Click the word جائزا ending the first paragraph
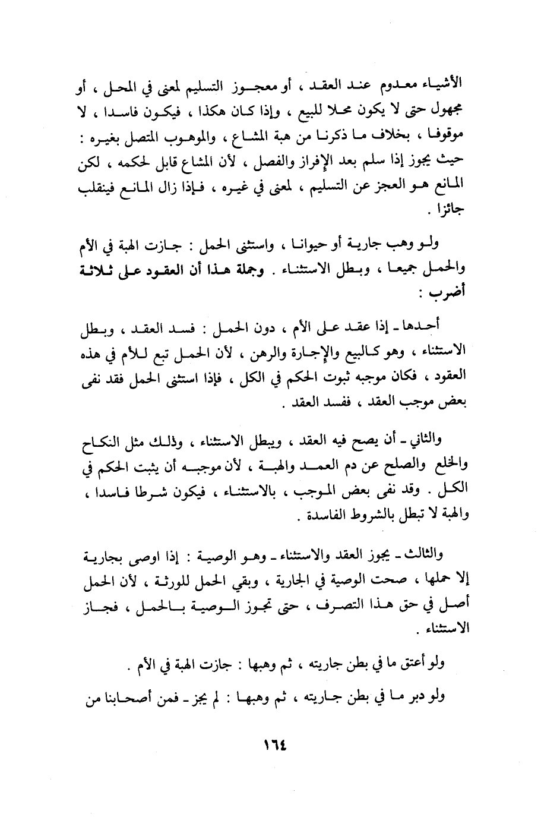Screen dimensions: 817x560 [x=448, y=211]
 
